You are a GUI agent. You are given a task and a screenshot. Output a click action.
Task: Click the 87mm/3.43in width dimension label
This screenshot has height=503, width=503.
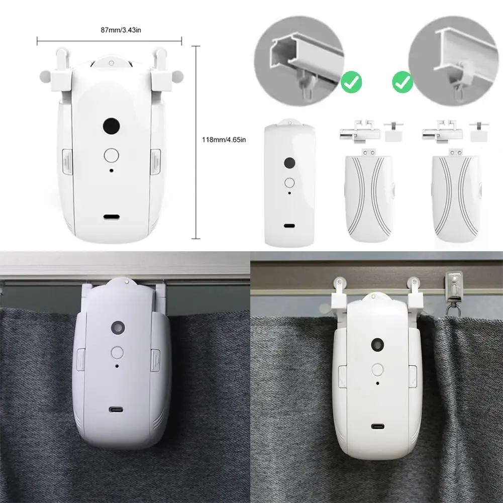[110, 30]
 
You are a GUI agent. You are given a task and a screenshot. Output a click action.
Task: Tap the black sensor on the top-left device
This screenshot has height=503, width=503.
[111, 126]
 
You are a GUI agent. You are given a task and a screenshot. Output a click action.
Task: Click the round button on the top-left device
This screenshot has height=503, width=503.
[111, 154]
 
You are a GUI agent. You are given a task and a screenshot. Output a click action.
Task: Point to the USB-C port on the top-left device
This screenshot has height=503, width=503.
[111, 218]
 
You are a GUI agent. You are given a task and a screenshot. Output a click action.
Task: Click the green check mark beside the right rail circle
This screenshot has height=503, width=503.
[402, 82]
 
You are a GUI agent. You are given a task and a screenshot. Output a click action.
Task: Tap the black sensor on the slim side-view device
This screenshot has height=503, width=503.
[289, 163]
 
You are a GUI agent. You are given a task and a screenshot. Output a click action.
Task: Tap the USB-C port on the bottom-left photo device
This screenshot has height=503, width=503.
[117, 411]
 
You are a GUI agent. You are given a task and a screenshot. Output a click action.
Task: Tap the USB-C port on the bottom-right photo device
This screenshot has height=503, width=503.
[377, 427]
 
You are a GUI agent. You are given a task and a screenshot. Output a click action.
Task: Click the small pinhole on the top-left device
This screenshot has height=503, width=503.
[111, 171]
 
